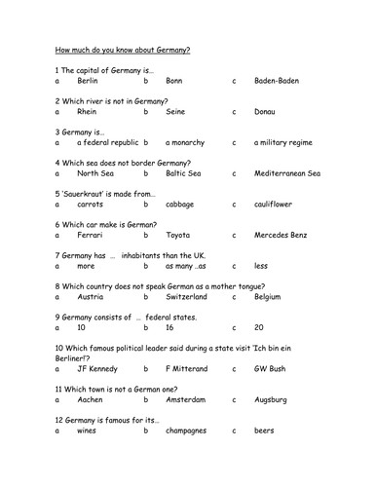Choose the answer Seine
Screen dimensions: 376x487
point(175,112)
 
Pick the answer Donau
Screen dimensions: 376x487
point(268,112)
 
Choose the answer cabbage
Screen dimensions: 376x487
point(182,205)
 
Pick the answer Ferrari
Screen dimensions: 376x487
point(91,235)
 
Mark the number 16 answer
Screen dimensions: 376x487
point(171,328)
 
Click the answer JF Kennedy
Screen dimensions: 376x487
point(97,369)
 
